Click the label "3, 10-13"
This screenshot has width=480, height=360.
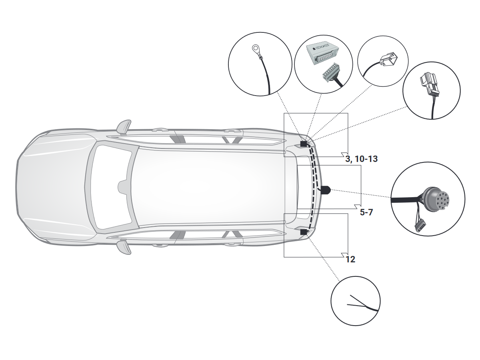pyautogui.click(x=361, y=159)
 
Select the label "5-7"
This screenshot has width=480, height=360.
pyautogui.click(x=366, y=212)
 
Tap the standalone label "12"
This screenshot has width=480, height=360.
pyautogui.click(x=350, y=260)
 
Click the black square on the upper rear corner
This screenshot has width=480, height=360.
pyautogui.click(x=304, y=144)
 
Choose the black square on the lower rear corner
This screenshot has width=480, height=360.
pyautogui.click(x=304, y=232)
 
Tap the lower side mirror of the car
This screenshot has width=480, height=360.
pyautogui.click(x=124, y=247)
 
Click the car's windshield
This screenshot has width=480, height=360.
pyautogui.click(x=110, y=187)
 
